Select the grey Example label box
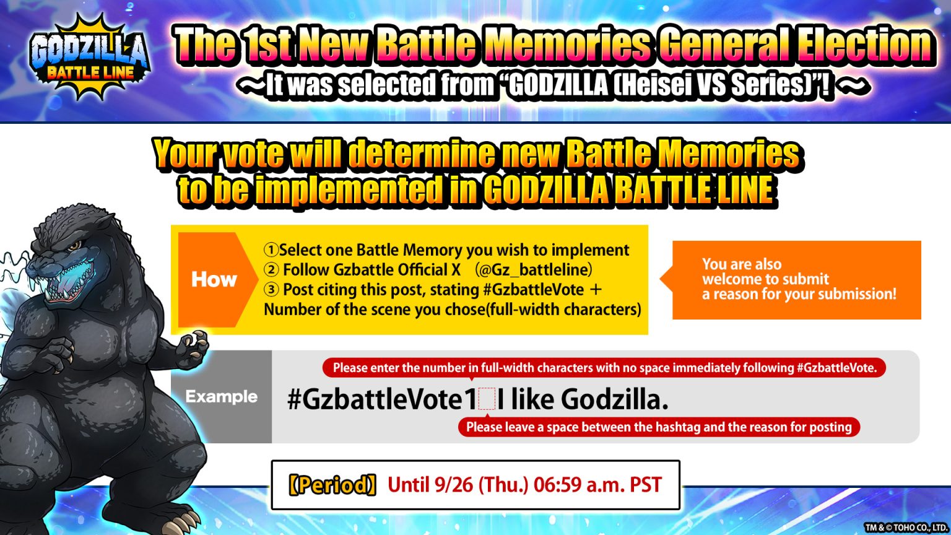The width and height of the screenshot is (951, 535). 221,396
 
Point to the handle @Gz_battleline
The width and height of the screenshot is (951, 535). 533,270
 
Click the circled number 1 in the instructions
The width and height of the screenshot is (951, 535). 271,250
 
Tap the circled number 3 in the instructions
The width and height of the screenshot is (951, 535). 271,290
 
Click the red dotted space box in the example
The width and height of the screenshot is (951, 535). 487,400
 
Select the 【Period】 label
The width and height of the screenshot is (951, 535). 332,485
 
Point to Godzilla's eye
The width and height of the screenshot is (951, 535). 74,246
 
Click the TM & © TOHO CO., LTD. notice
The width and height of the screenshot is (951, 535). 905,528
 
